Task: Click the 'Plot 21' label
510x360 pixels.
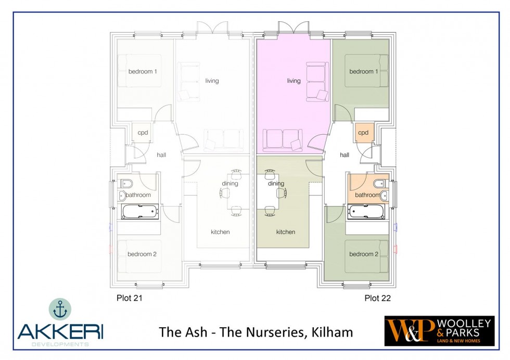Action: pyautogui.click(x=130, y=298)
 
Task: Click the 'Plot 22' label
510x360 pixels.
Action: pyautogui.click(x=378, y=298)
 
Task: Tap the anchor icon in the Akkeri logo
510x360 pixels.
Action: pyautogui.click(x=60, y=309)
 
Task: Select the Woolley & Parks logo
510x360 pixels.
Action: pyautogui.click(x=439, y=331)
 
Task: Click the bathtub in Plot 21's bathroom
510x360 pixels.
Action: pyautogui.click(x=140, y=211)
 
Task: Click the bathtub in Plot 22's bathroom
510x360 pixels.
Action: pyautogui.click(x=366, y=211)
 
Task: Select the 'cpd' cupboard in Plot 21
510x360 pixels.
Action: pyautogui.click(x=142, y=133)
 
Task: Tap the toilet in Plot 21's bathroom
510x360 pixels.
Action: pyautogui.click(x=126, y=184)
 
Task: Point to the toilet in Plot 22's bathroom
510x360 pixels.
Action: pyautogui.click(x=380, y=184)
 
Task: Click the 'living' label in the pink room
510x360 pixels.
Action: pyautogui.click(x=294, y=81)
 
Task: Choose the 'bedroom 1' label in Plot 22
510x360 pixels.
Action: pyautogui.click(x=364, y=72)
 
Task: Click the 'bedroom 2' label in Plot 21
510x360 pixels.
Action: pyautogui.click(x=142, y=254)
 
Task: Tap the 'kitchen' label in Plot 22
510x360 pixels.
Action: pyautogui.click(x=286, y=232)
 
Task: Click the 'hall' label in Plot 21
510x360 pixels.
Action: pyautogui.click(x=161, y=155)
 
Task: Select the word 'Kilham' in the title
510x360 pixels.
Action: pyautogui.click(x=332, y=332)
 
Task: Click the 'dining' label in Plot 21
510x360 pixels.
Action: pyautogui.click(x=230, y=184)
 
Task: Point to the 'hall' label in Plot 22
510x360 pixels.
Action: pyautogui.click(x=345, y=155)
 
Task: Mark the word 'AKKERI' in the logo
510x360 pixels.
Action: pyautogui.click(x=60, y=331)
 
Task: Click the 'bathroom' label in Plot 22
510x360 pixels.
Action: pyautogui.click(x=367, y=195)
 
